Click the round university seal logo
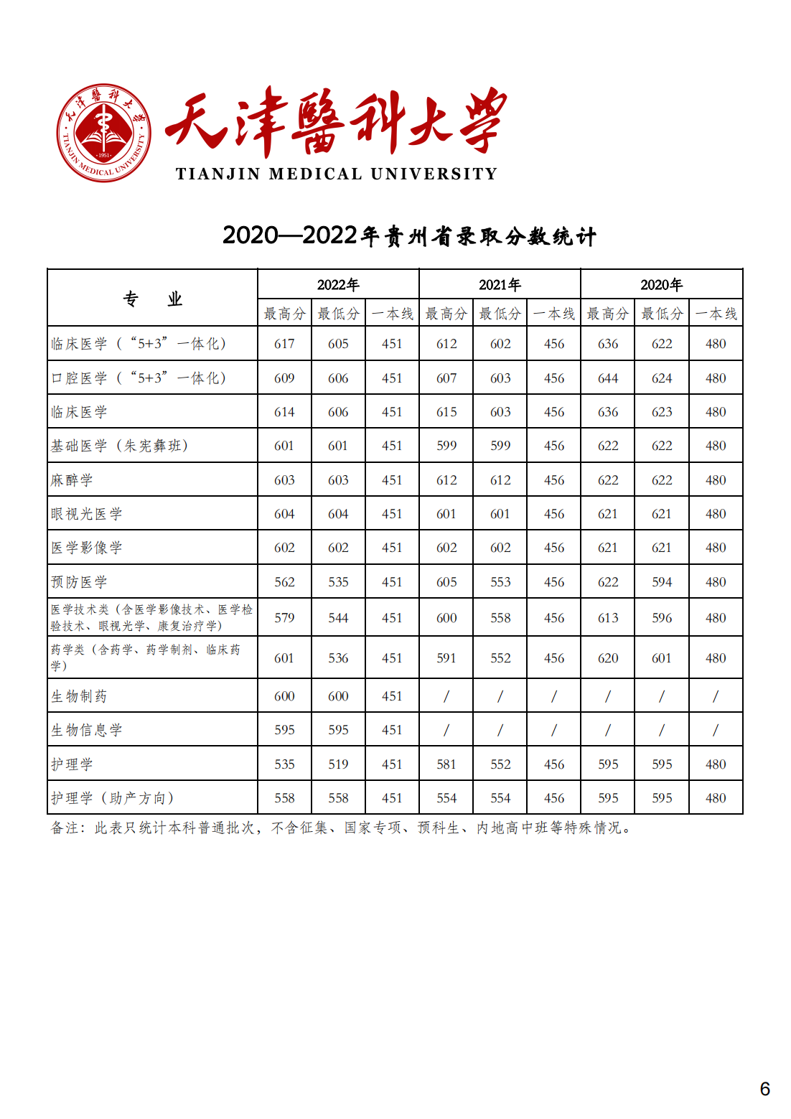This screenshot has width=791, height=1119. (x=104, y=133)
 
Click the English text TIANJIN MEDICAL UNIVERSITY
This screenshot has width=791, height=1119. (x=336, y=174)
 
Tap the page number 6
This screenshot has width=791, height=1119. (x=764, y=1089)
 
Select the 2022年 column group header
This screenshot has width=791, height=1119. (x=338, y=285)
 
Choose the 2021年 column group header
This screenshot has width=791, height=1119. (x=500, y=285)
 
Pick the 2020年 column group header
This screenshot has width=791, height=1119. (x=661, y=285)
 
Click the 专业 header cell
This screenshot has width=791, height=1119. (x=152, y=299)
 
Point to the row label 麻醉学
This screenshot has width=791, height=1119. (x=72, y=480)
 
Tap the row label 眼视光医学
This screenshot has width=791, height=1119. (x=87, y=514)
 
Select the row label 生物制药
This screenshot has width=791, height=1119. (x=79, y=696)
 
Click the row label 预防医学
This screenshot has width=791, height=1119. (x=79, y=582)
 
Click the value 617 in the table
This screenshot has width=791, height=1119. (x=284, y=344)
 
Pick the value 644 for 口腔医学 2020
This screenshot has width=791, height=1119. (x=608, y=378)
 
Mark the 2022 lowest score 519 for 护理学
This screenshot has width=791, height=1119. (x=338, y=764)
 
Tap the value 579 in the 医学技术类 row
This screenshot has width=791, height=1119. (x=284, y=618)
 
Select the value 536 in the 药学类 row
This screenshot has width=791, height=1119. (x=338, y=658)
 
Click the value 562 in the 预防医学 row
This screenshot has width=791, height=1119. (x=284, y=582)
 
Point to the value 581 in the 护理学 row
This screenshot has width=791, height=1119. (x=446, y=764)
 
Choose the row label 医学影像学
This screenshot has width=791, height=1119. (x=87, y=548)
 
